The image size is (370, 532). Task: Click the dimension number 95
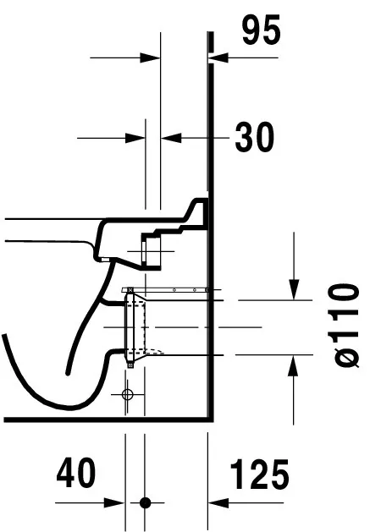click(x=262, y=30)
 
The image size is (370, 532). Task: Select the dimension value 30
click(x=255, y=137)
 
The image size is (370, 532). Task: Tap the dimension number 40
click(x=76, y=473)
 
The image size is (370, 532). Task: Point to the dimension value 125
click(x=260, y=474)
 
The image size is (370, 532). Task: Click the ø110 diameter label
click(x=344, y=326)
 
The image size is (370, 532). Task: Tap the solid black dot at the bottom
click(x=146, y=502)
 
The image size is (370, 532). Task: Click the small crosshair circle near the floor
click(x=127, y=394)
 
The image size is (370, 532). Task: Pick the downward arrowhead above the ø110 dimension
click(x=295, y=289)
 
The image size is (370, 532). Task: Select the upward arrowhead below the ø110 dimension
click(x=293, y=365)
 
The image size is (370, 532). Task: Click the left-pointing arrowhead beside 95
click(x=218, y=58)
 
